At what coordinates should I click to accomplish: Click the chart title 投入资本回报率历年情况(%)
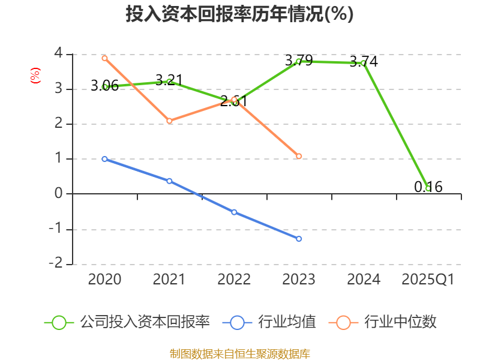[239, 14]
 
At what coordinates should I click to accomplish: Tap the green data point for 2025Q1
[428, 188]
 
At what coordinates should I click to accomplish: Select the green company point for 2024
[363, 63]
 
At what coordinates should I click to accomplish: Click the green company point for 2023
[299, 61]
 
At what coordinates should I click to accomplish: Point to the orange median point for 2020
[104, 58]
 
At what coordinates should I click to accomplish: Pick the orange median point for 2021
[169, 121]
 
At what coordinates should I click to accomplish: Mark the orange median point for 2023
[299, 157]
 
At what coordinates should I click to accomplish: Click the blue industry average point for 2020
[104, 159]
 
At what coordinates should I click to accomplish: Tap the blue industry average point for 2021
[169, 181]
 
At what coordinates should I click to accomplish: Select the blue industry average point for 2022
[234, 212]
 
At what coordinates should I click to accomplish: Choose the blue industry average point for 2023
[299, 239]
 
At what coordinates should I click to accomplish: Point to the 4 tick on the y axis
[58, 53]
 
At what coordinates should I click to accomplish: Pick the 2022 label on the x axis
[234, 280]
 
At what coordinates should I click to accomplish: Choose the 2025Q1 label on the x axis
[428, 280]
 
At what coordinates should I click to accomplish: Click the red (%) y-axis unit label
[35, 76]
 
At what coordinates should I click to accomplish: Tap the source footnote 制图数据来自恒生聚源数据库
[239, 353]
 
